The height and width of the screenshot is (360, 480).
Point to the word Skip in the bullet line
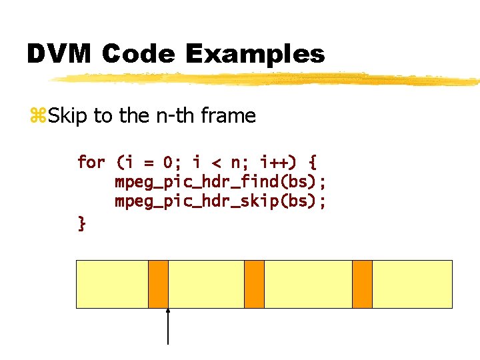coord(67,116)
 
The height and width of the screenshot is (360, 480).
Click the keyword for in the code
coord(91,162)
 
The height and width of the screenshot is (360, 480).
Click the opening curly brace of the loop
coord(313,162)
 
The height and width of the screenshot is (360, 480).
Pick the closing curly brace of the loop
coord(81,223)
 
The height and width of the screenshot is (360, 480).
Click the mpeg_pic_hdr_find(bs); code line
coord(220,182)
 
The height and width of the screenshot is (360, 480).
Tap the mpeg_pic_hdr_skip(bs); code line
coord(220,201)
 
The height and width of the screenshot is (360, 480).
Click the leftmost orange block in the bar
coord(158,284)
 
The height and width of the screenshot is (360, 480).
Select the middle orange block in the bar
coord(254,284)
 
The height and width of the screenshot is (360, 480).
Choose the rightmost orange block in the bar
coord(362,284)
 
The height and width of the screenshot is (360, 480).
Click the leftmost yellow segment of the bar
coord(112,284)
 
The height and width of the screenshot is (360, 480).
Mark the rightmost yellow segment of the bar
coord(412,284)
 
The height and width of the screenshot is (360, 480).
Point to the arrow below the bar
coord(168,327)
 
